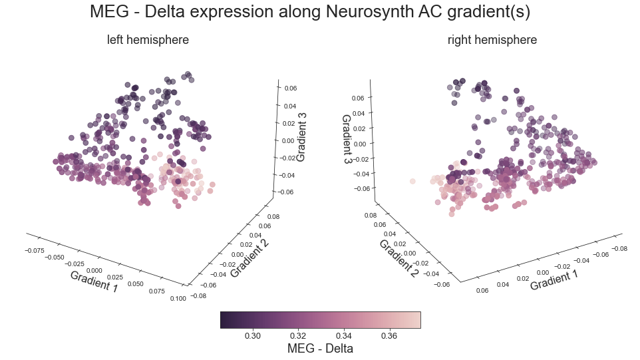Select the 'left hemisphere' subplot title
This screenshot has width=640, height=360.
148,40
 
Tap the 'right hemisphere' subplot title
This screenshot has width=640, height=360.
492,40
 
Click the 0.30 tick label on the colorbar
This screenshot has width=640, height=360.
253,336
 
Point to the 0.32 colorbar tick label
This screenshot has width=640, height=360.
297,336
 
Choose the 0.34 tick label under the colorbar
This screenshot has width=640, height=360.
343,336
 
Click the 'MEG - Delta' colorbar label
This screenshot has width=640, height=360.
320,349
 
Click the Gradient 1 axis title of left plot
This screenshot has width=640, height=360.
94,281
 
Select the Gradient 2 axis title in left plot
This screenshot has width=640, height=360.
249,258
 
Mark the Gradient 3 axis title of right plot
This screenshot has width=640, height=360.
347,140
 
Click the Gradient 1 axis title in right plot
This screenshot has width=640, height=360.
554,275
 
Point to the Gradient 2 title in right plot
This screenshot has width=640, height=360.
399,258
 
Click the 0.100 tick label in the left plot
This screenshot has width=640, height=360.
178,299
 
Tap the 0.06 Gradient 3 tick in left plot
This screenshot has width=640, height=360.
291,88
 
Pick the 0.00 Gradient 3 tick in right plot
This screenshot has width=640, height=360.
359,143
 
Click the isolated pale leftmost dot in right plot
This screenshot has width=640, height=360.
412,181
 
